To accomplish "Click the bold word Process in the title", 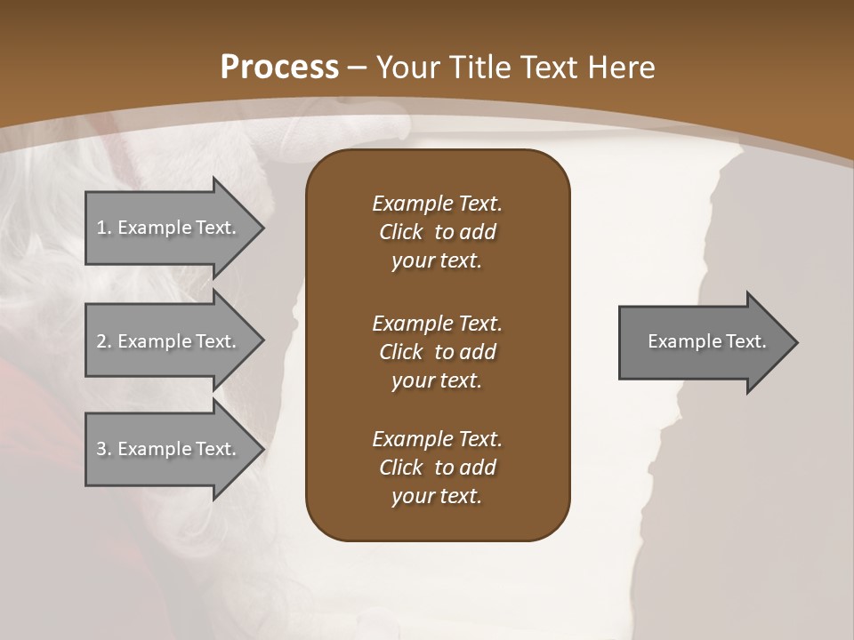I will pos(279,68).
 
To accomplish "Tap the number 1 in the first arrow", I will pos(101,228).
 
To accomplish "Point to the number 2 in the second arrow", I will pos(101,341).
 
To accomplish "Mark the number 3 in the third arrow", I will pos(101,449).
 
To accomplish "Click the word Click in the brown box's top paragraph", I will pos(401,232).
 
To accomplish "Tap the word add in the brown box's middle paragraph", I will pos(478,352).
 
